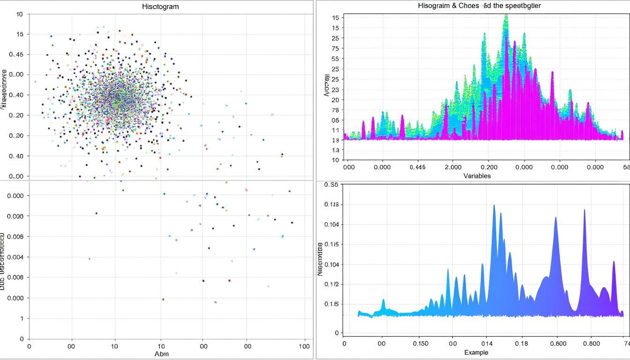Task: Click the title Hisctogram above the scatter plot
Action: [x=160, y=7]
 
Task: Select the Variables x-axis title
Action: [x=477, y=176]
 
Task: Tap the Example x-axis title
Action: [x=476, y=352]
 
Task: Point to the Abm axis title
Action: [x=161, y=354]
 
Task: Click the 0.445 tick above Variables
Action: [x=417, y=166]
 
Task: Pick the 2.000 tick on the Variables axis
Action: [x=453, y=166]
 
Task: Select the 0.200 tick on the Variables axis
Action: [x=489, y=166]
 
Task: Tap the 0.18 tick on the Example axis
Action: [x=521, y=343]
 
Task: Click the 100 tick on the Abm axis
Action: [x=305, y=346]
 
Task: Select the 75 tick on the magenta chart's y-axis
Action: [x=335, y=48]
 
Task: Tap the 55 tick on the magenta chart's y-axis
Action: [x=335, y=59]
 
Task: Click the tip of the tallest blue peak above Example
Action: [x=494, y=205]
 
